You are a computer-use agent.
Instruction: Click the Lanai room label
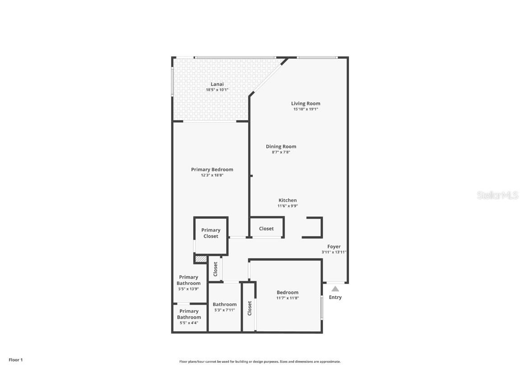click(217, 84)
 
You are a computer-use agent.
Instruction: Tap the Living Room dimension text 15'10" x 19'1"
click(306, 109)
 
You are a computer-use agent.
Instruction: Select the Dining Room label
click(281, 146)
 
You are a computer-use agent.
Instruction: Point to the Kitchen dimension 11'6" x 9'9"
click(288, 206)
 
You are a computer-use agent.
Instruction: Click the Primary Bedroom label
click(212, 169)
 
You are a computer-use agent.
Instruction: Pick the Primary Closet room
click(211, 233)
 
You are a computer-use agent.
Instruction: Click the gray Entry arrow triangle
click(335, 289)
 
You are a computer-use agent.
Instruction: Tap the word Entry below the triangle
click(335, 297)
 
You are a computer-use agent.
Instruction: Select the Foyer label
click(334, 246)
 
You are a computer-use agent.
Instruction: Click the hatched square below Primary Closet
click(201, 259)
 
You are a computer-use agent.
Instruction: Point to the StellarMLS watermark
click(497, 195)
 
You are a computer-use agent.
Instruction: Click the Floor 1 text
click(15, 360)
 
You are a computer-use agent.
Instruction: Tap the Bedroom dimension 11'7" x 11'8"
click(288, 298)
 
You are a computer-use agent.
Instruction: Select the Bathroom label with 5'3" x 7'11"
click(225, 304)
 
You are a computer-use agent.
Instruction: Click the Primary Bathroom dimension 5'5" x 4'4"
click(189, 323)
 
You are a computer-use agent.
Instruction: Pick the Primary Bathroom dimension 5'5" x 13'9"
click(189, 289)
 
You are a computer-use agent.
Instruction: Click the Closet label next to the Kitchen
click(266, 228)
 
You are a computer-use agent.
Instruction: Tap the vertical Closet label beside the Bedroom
click(250, 308)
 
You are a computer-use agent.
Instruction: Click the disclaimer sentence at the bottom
click(260, 362)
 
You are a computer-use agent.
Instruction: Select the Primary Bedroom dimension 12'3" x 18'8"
click(212, 175)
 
